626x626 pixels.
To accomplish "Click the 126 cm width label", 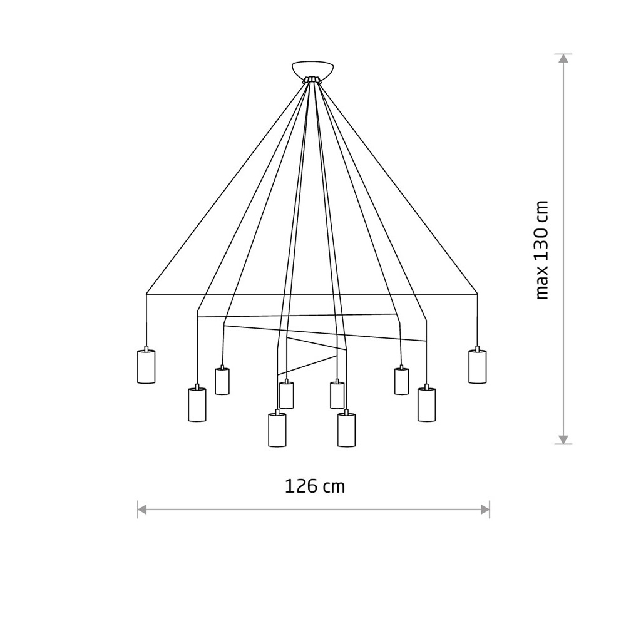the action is (x=314, y=486).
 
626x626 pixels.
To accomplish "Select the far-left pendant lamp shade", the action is (x=146, y=366).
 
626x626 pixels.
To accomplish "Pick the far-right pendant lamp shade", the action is (x=478, y=366).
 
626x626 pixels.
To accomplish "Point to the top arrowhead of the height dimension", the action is (x=563, y=59).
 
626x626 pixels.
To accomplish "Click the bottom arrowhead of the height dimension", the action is (x=563, y=439).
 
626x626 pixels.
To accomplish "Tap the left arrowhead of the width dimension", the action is (x=143, y=510).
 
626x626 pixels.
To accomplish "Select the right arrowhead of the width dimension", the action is (x=485, y=510).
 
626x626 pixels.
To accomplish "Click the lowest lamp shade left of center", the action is (x=277, y=429).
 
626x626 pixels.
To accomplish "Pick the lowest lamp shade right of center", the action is (x=347, y=429).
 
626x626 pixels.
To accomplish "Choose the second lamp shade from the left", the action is (x=197, y=404).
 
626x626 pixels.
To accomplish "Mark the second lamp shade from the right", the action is (x=427, y=404).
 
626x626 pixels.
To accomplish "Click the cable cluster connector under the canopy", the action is (x=312, y=80).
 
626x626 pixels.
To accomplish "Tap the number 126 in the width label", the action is (x=301, y=486).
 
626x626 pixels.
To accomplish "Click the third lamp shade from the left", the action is (x=222, y=381).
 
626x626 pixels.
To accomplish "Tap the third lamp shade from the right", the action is (x=402, y=381).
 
